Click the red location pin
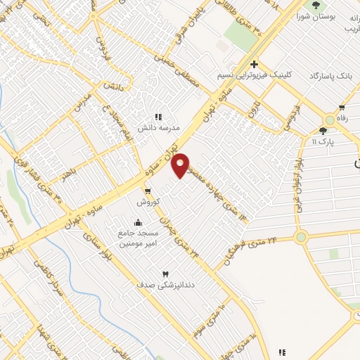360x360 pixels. [181, 165]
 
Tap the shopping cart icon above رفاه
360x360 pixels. [342, 108]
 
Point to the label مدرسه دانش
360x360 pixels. [159, 128]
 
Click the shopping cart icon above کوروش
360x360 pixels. [148, 191]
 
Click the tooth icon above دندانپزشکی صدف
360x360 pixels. [167, 274]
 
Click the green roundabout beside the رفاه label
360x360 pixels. [330, 120]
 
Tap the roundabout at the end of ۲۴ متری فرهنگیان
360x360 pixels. [302, 237]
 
